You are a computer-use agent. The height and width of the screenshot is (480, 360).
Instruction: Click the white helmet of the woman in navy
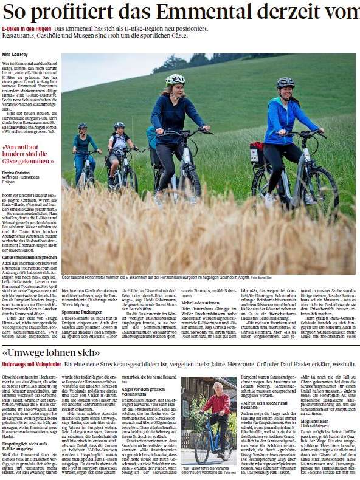[x=176, y=79]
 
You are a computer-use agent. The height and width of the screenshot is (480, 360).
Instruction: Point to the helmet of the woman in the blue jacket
[x=285, y=82]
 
